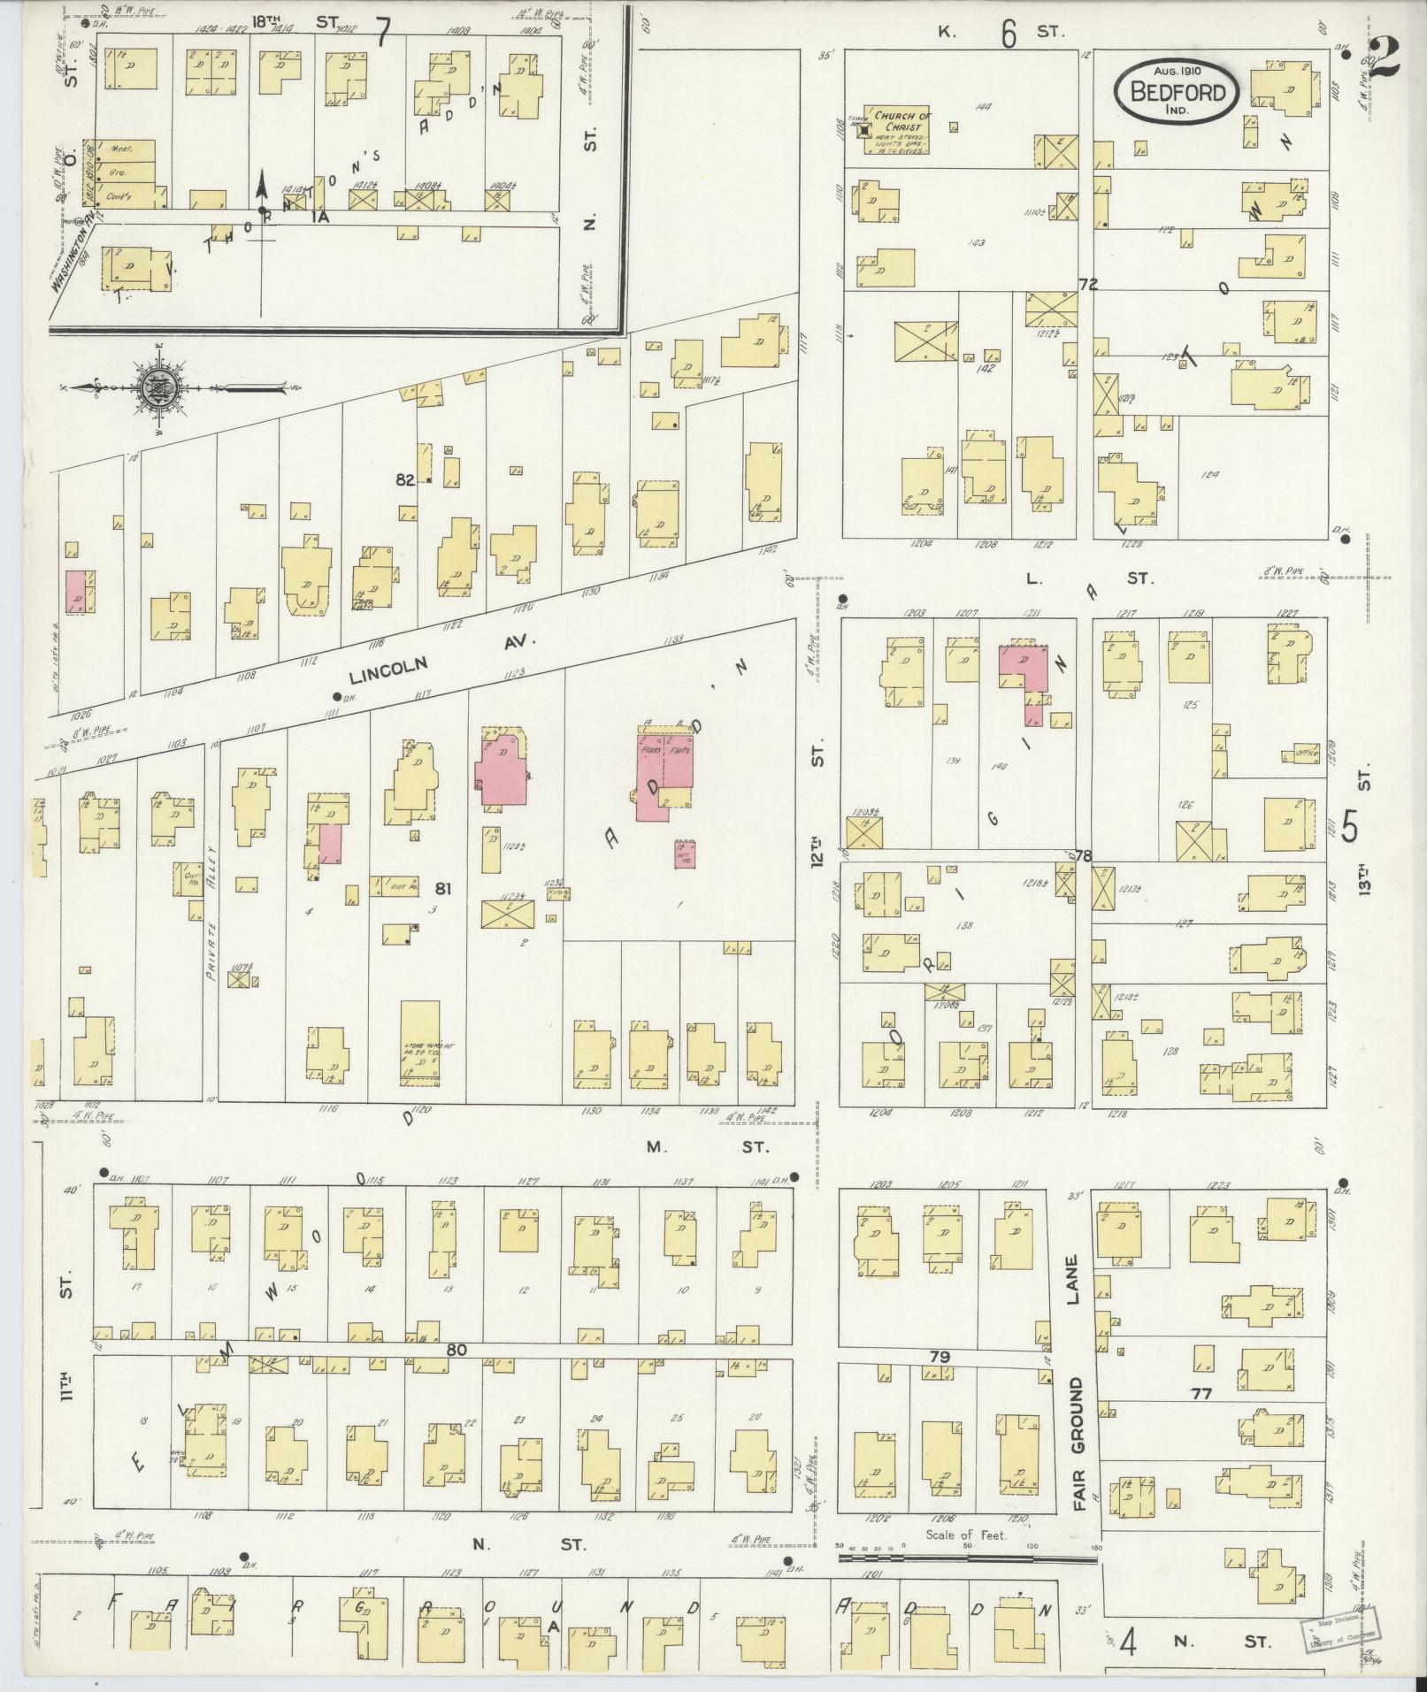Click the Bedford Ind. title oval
pos(1181,93)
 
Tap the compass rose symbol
pos(160,389)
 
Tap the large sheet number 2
pos(1389,59)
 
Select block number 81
pos(442,889)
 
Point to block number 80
pos(456,1375)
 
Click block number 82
pos(406,479)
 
